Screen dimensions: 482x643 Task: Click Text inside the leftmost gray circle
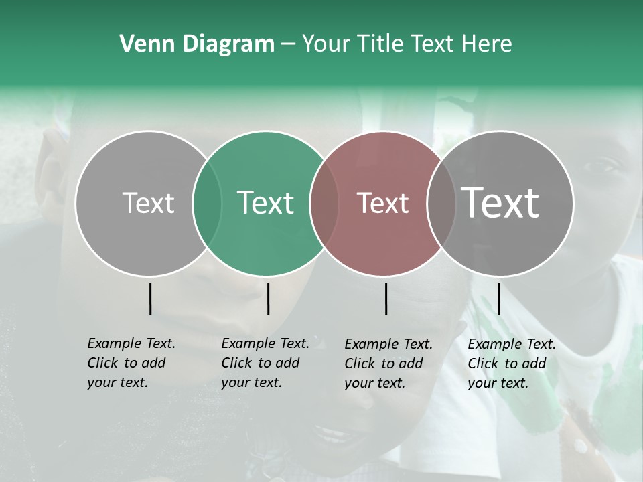[148, 203]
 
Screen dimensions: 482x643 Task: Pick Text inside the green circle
[266, 203]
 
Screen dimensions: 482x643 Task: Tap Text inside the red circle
[382, 203]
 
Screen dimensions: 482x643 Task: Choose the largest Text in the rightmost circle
[500, 203]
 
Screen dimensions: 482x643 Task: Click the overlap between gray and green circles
[207, 203]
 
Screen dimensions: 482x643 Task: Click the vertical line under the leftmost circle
[150, 299]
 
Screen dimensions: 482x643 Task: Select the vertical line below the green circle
[268, 299]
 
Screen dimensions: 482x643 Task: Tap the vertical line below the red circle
[386, 299]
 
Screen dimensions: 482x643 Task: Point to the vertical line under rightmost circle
[498, 299]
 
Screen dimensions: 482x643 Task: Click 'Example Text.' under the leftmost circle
[131, 343]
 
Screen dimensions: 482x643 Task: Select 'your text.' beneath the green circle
[251, 382]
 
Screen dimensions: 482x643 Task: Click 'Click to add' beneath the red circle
[384, 364]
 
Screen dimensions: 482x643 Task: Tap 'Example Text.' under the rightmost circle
[512, 344]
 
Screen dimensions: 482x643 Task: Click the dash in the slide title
[288, 44]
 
